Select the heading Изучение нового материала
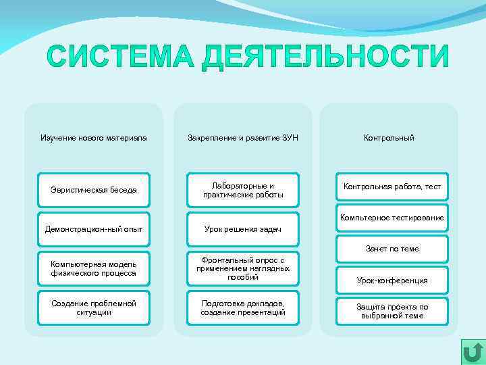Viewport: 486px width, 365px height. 94,138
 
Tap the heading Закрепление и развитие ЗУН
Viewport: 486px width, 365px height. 243,138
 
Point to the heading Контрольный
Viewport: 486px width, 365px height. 389,138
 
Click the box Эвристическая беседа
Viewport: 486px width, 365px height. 94,190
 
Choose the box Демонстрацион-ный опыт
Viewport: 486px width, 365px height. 94,229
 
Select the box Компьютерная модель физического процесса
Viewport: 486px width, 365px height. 94,268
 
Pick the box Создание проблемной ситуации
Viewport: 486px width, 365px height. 94,308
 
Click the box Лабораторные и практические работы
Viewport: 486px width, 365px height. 243,190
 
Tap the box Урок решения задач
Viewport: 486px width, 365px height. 243,229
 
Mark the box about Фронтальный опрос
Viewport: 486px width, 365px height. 243,268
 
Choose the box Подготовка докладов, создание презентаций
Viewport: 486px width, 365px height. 243,308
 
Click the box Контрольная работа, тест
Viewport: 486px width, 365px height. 392,187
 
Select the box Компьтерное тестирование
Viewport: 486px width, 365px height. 392,218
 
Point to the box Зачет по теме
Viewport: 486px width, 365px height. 392,249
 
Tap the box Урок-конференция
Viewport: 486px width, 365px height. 392,280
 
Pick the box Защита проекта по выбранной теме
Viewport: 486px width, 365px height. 392,311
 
